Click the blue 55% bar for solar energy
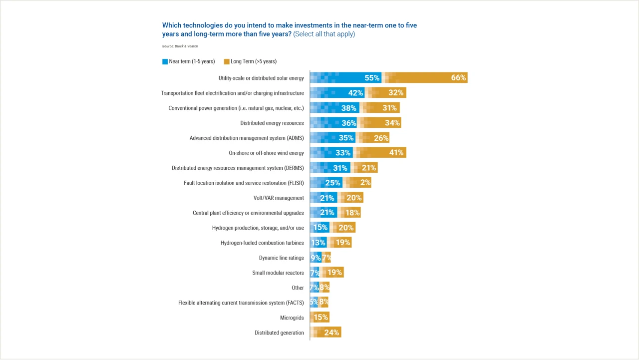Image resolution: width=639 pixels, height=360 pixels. [345, 78]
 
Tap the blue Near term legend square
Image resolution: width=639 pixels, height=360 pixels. [165, 62]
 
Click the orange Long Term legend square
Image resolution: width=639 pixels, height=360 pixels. [227, 62]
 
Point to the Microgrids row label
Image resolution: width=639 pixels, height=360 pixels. [292, 318]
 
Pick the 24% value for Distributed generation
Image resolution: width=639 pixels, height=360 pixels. [331, 333]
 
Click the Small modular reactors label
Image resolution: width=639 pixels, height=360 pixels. [278, 273]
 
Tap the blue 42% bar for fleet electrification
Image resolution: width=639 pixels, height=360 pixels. [337, 93]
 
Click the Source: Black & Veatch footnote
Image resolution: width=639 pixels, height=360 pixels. [180, 46]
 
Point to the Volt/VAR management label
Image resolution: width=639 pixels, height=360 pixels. [279, 198]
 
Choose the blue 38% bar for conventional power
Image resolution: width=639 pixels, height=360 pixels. [334, 108]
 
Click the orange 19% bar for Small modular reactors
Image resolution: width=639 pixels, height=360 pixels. [333, 273]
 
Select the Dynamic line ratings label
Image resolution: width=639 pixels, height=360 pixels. [281, 258]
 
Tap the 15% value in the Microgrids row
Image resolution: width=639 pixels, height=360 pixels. [320, 318]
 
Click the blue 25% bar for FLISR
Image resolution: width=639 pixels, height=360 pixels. [325, 183]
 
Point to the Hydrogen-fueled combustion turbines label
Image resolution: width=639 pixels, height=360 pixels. [262, 243]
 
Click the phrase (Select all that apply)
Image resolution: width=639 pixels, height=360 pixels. [324, 34]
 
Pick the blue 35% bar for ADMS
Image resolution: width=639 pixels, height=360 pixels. [332, 138]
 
